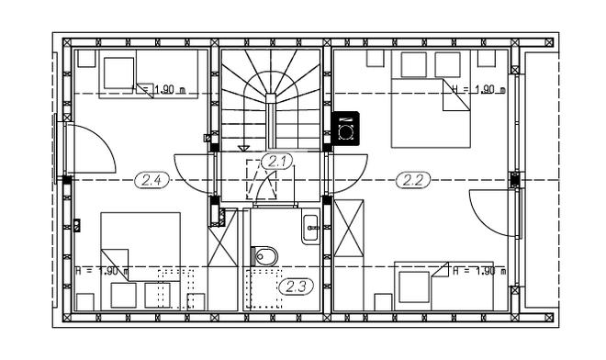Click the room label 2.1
275,161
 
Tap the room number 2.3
295,287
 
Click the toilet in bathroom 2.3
264,254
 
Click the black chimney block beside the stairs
345,129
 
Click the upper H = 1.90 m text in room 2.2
478,89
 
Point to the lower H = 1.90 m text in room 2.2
478,271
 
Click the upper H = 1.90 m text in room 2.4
164,89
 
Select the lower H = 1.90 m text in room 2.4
101,271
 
